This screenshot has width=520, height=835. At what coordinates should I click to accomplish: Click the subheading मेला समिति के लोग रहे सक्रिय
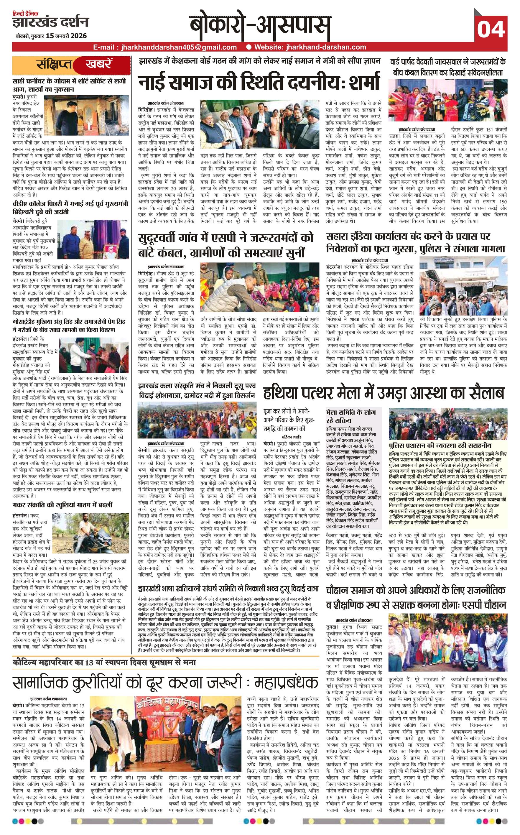pyautogui.click(x=351, y=416)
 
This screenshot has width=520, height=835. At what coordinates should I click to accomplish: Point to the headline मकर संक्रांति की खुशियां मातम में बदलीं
pyautogui.click(x=62, y=505)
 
